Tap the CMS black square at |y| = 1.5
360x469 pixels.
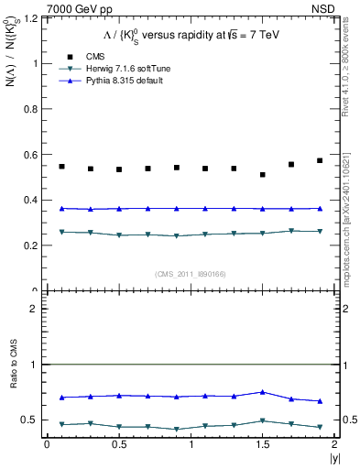(263, 175)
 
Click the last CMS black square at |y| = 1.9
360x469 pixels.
(320, 160)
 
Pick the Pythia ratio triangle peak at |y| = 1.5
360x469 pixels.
(263, 392)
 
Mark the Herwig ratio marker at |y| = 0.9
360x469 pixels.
(176, 429)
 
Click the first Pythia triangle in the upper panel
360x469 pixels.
(61, 209)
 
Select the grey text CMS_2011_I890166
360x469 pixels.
(191, 273)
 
